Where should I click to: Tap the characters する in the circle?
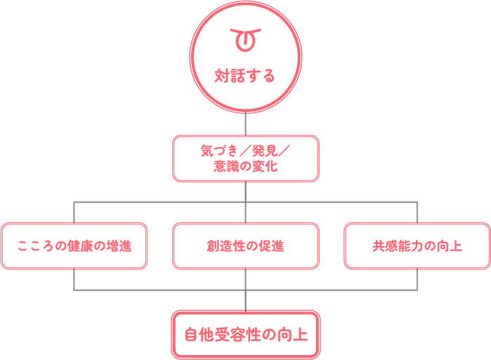click(255, 75)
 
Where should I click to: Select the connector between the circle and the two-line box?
click(246, 124)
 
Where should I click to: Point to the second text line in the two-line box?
click(245, 167)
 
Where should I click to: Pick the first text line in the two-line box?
click(245, 150)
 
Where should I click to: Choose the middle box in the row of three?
click(246, 246)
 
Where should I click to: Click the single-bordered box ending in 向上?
click(417, 246)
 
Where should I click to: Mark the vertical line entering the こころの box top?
click(74, 211)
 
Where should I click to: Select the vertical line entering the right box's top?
click(417, 211)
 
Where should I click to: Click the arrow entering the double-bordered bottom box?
click(246, 301)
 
